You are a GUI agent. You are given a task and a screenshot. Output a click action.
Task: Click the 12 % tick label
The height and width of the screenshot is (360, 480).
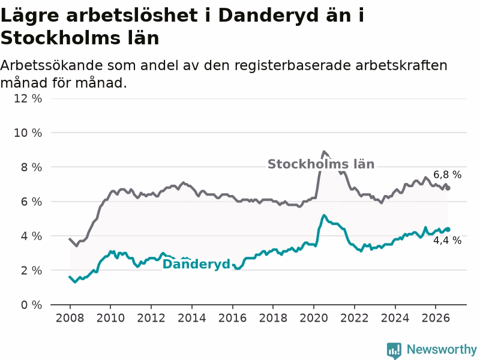[x=28, y=98]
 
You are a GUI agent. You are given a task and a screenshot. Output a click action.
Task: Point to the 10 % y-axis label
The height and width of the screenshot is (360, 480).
[x=28, y=133]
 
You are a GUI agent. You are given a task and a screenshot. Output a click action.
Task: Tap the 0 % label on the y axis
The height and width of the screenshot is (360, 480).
[x=31, y=305]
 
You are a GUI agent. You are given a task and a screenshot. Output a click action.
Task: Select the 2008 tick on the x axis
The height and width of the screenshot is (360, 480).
[x=70, y=318]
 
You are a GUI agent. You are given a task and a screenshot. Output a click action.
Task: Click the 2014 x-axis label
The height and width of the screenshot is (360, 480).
[x=191, y=318]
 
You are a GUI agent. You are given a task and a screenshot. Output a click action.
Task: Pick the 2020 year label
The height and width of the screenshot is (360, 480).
[x=313, y=318]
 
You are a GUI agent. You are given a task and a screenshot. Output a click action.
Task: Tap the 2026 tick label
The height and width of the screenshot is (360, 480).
[x=436, y=318]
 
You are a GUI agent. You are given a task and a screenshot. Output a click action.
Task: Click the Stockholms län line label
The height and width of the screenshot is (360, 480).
[x=321, y=164]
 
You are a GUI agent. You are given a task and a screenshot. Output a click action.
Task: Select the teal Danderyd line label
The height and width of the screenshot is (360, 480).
[x=196, y=264]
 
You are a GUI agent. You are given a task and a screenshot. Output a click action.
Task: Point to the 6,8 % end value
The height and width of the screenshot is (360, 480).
[x=447, y=175]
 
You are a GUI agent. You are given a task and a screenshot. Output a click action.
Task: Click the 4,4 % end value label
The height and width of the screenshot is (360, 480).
[x=447, y=241]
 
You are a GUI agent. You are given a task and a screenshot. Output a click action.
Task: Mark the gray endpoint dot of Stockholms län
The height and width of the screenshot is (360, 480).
[x=448, y=188]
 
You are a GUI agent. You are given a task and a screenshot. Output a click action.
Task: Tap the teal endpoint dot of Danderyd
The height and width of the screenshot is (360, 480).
[x=448, y=229]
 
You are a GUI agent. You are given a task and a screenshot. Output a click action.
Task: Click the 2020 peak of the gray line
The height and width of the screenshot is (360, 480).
[x=324, y=152]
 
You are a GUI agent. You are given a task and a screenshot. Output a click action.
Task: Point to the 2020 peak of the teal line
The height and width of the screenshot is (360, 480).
[x=324, y=215]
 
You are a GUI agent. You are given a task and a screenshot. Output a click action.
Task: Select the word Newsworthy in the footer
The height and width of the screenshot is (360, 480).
[x=442, y=349]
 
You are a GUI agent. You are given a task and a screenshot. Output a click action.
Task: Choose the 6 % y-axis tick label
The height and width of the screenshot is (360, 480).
[x=31, y=202]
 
